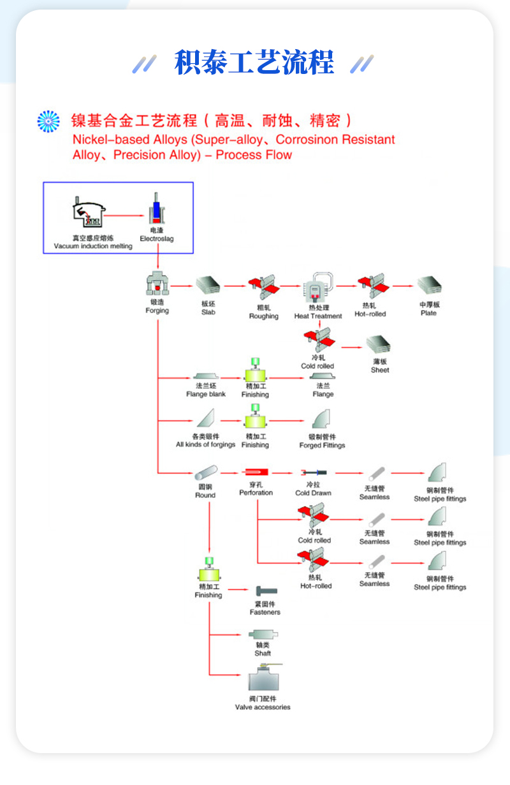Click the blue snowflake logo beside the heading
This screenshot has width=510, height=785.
point(48,121)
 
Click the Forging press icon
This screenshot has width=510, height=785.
point(157,284)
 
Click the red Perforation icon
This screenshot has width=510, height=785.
point(256,472)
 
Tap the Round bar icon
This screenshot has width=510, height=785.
point(205,473)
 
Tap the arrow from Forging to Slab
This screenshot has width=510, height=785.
point(182,286)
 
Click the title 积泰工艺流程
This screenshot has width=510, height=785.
point(254,63)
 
